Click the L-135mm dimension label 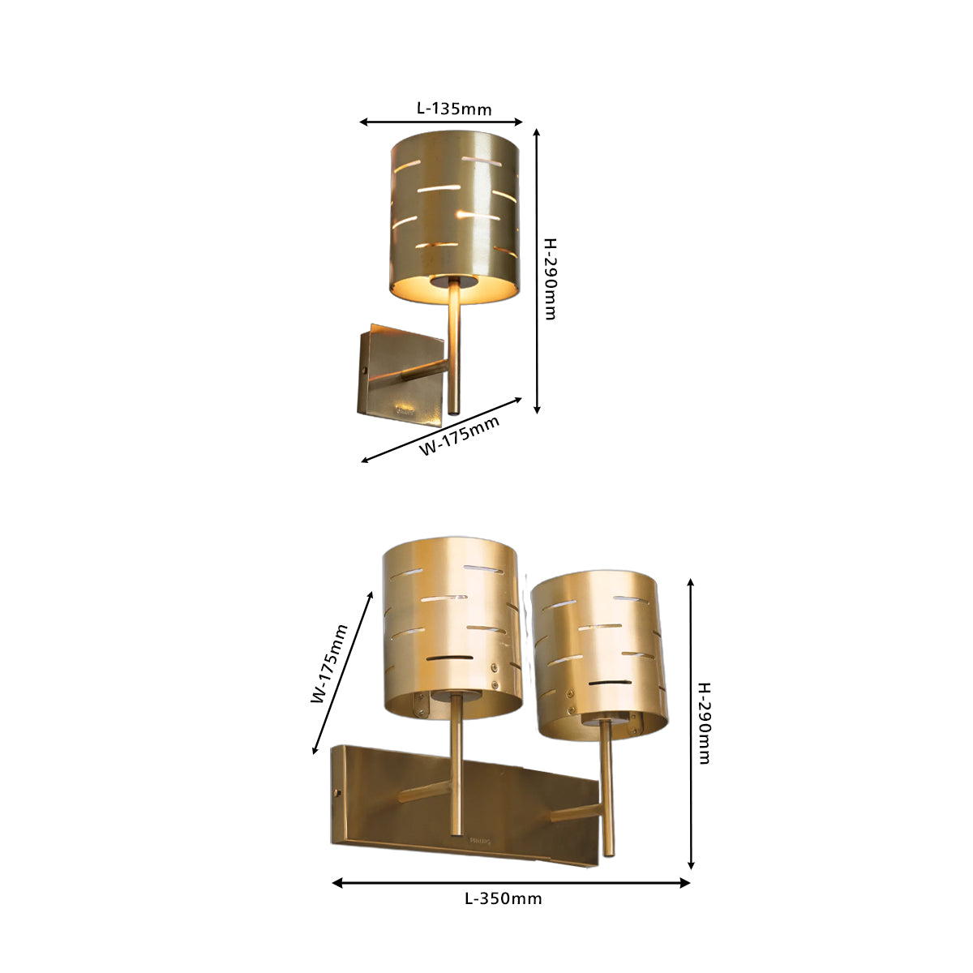(x=454, y=109)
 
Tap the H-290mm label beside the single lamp (x=551, y=279)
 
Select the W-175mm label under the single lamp (x=460, y=435)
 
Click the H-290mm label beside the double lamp (x=705, y=723)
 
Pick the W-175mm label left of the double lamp (x=328, y=664)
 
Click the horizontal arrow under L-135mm (x=441, y=122)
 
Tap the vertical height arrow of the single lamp (x=537, y=271)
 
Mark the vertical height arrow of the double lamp (x=691, y=724)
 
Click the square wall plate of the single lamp (x=401, y=375)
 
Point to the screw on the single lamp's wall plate (x=363, y=370)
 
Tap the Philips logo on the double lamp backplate (x=480, y=841)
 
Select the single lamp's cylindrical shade (x=454, y=217)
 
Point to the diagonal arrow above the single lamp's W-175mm (x=441, y=431)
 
